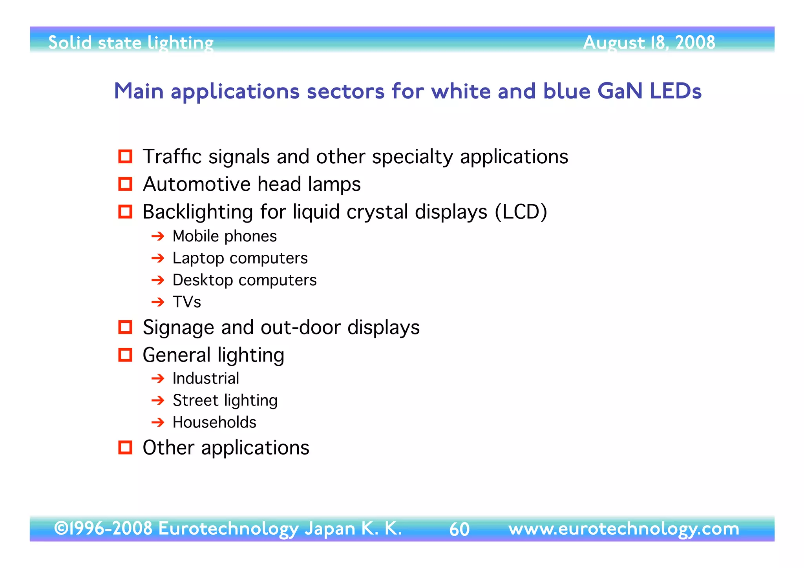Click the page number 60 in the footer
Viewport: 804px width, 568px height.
(x=459, y=529)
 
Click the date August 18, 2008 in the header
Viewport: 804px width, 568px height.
(x=649, y=42)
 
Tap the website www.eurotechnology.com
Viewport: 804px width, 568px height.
(x=623, y=528)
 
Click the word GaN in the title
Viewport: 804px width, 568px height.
(x=619, y=91)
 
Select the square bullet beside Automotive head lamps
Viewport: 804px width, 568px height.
(x=125, y=184)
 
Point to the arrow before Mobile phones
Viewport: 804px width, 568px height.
(x=158, y=236)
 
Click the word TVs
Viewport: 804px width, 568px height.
(x=187, y=302)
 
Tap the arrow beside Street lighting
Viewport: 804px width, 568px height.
(x=158, y=400)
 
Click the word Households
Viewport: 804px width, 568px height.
(x=214, y=422)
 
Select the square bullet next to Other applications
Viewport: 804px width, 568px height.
(x=125, y=447)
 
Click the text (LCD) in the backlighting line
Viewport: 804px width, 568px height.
(x=521, y=212)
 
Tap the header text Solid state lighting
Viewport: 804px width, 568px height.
(x=131, y=42)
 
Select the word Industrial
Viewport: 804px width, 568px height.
(x=206, y=378)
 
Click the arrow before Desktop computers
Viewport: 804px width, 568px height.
(x=158, y=280)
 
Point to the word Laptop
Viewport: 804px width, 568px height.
(x=198, y=258)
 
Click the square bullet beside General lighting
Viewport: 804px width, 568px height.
(x=125, y=355)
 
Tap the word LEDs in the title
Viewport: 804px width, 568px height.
(x=675, y=91)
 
